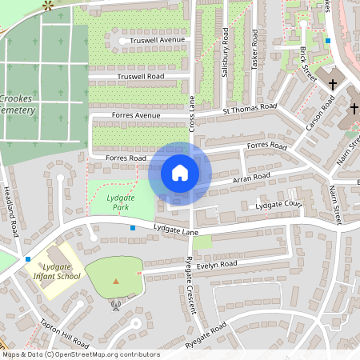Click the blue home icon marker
[180, 172]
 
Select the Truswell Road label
[140, 77]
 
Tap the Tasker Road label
[255, 50]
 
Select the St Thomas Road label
[250, 106]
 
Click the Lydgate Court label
[276, 206]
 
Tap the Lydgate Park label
[120, 202]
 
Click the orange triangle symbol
[116, 281]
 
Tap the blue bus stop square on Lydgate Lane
[133, 228]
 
